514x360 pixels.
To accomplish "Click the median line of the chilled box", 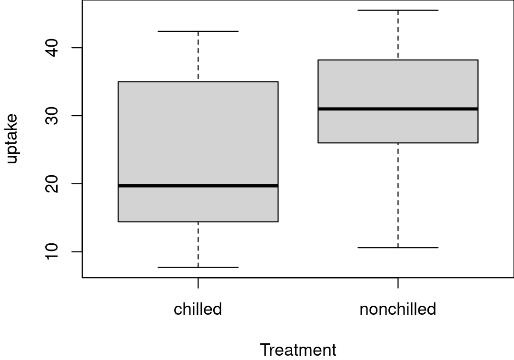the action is click(x=198, y=186).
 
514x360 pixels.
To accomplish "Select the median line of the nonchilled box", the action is click(x=398, y=109).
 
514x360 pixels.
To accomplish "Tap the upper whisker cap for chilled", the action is click(x=198, y=31).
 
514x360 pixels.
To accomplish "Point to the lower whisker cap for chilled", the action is click(x=198, y=268).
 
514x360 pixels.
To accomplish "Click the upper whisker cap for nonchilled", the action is click(x=398, y=10).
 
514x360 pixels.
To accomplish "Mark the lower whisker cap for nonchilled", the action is click(x=398, y=248).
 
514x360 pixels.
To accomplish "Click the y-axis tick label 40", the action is click(x=51, y=48).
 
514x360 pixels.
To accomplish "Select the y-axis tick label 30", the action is click(x=51, y=116).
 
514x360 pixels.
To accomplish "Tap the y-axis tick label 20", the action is click(x=51, y=184).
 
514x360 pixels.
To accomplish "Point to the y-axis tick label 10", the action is click(x=51, y=251).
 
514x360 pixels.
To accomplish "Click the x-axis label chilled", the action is click(x=198, y=309).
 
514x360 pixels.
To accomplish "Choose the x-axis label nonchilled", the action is click(x=398, y=309).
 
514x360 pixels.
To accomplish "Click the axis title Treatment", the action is click(x=298, y=350).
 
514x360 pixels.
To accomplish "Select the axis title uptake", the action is click(x=11, y=139).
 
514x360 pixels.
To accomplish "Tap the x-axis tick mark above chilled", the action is click(x=198, y=283).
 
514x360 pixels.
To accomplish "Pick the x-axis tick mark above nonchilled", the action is click(x=398, y=283).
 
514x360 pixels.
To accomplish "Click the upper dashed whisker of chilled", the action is click(x=198, y=56).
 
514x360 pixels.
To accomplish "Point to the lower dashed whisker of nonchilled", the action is click(x=398, y=195).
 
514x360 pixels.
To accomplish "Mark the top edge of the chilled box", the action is click(x=198, y=81).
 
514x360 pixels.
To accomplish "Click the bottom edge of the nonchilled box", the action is click(x=398, y=143).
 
